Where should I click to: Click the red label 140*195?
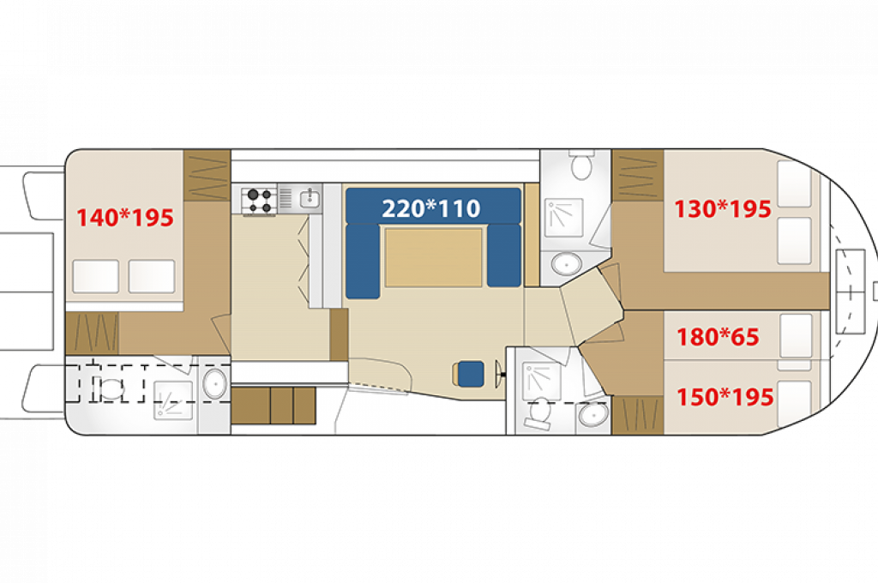(x=125, y=218)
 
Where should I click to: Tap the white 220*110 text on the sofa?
(x=431, y=209)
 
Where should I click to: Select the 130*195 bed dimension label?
(x=722, y=209)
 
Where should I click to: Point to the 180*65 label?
(x=718, y=337)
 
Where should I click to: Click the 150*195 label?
(x=725, y=397)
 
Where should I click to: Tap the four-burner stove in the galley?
(x=259, y=201)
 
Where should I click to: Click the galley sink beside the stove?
(x=310, y=198)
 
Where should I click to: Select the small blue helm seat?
(x=471, y=374)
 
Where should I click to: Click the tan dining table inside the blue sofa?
(x=433, y=257)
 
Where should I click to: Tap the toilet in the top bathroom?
(x=582, y=164)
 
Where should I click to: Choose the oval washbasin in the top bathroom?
(x=567, y=264)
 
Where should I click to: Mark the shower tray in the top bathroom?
(x=564, y=217)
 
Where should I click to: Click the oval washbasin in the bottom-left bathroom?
(x=214, y=383)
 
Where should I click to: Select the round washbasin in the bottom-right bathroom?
(x=592, y=415)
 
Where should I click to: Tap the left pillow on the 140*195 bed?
(x=96, y=276)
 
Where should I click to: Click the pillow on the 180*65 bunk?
(x=796, y=336)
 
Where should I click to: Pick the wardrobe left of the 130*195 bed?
(x=638, y=175)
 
